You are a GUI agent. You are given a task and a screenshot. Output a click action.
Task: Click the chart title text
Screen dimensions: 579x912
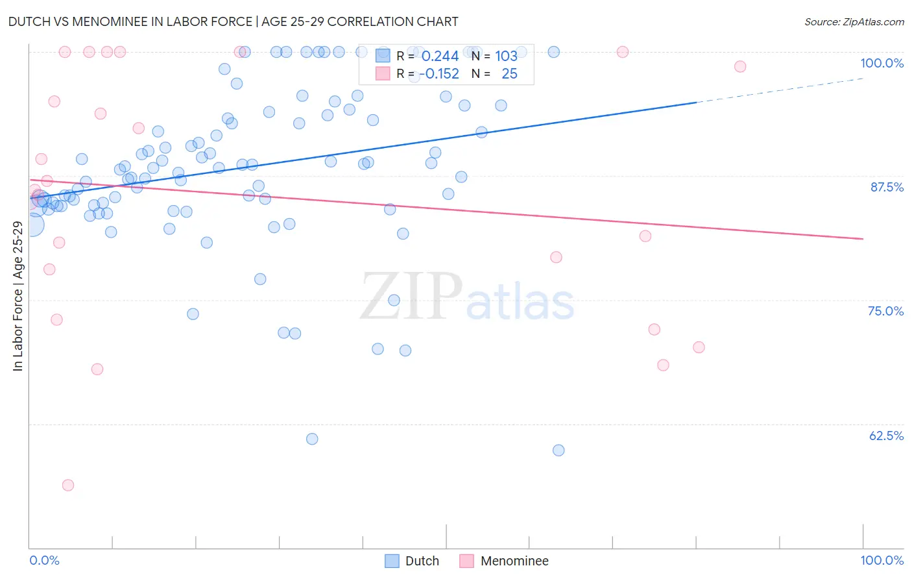233,21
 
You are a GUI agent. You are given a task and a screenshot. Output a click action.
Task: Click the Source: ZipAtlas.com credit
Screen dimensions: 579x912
854,21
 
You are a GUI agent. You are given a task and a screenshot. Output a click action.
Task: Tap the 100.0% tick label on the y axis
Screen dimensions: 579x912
882,63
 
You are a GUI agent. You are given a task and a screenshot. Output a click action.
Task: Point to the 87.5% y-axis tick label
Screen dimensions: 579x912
886,187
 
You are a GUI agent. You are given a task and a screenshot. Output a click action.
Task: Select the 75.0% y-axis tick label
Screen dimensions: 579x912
885,311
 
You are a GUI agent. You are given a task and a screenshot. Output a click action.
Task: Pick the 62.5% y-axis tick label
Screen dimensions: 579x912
886,436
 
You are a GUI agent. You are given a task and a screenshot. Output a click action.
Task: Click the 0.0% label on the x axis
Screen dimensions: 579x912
44,560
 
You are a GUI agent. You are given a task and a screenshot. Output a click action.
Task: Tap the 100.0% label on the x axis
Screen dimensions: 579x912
882,560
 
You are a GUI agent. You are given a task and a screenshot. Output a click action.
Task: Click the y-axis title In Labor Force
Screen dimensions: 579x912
18,296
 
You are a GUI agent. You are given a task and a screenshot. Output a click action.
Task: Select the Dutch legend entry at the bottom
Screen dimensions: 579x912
412,561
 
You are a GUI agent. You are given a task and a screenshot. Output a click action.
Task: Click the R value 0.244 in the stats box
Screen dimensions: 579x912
440,56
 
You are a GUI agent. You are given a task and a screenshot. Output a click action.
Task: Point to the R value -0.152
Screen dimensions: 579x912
439,74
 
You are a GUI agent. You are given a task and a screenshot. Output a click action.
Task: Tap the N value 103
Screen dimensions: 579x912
506,56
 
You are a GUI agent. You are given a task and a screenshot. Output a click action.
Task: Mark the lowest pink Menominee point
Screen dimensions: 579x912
68,485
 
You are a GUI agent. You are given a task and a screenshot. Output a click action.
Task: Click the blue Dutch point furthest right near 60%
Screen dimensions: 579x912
558,450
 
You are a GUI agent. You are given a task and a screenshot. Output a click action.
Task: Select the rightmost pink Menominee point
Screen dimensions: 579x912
740,66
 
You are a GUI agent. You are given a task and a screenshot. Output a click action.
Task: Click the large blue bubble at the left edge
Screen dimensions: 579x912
32,225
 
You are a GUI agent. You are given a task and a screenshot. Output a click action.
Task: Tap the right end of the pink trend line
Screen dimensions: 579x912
863,239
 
